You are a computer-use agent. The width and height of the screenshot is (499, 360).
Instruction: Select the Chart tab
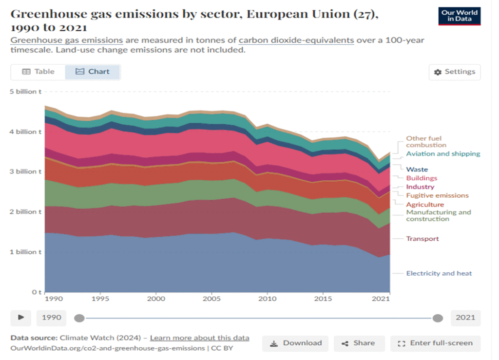tap(93, 72)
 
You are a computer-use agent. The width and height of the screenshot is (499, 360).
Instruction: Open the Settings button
tap(455, 72)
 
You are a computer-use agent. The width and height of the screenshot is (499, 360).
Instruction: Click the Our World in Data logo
tap(459, 16)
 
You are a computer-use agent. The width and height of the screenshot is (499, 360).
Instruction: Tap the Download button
tap(295, 343)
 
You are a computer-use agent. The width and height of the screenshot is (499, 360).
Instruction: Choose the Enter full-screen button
tap(435, 343)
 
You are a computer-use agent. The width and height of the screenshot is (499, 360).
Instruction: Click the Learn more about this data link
tap(199, 338)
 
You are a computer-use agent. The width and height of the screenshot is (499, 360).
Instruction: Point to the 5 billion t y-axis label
tap(22, 92)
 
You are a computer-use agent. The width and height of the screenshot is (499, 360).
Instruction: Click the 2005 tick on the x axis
tap(211, 298)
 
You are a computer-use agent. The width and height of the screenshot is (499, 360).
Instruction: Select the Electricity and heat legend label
tap(439, 273)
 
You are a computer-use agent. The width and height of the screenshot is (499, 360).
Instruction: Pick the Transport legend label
tap(422, 239)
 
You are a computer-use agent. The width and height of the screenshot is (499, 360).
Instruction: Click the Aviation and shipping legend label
tap(443, 153)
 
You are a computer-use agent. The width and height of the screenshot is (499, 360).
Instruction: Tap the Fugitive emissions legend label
tap(437, 195)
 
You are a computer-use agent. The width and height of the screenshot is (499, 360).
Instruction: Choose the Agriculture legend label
tap(425, 205)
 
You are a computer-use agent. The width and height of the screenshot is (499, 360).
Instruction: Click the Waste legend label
tap(417, 170)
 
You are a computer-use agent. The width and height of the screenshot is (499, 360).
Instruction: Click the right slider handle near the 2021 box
tap(438, 318)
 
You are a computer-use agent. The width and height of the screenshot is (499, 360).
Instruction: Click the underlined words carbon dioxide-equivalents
tap(296, 40)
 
